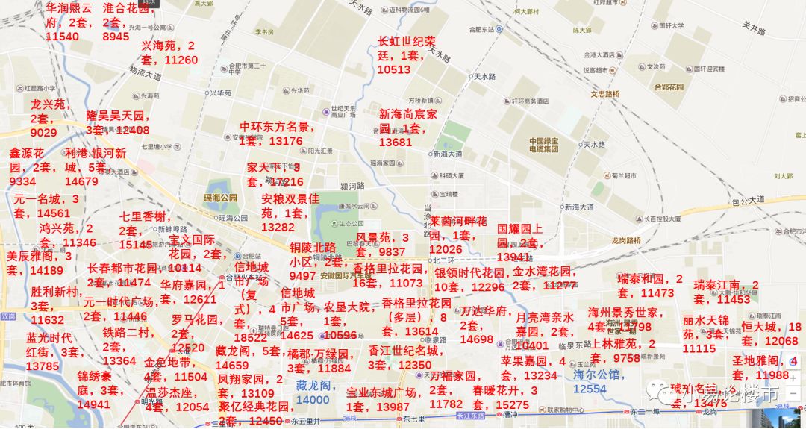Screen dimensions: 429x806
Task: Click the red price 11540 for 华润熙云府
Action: pos(62,36)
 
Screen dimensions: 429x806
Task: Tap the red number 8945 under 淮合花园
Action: pos(116,36)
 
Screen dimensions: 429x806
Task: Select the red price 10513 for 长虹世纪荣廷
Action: pos(394,69)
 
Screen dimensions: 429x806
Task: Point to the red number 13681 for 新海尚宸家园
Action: pos(396,142)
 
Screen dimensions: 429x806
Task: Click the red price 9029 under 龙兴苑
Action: pos(43,132)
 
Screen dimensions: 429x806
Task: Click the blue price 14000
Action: pos(313,399)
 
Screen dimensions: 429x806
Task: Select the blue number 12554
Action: pos(590,389)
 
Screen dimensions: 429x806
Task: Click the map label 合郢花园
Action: pos(663,87)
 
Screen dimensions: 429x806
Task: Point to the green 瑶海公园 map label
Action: pos(220,198)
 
